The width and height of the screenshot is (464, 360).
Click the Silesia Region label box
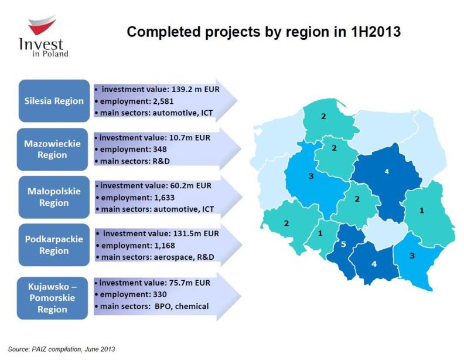[x=54, y=101]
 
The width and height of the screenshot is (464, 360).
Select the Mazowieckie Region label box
[x=52, y=149]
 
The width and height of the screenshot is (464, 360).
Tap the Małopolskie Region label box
[x=54, y=197]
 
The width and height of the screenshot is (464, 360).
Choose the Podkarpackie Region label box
[x=54, y=245]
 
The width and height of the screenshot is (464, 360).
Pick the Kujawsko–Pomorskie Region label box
[x=52, y=298]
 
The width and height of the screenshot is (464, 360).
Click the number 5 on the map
[x=343, y=244]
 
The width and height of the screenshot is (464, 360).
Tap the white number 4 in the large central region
[x=387, y=171]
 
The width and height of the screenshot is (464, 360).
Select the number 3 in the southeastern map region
[x=412, y=256]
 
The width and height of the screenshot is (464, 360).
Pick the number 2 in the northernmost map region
[x=323, y=116]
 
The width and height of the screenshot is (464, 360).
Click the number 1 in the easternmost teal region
[x=422, y=210]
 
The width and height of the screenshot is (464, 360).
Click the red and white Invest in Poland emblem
[x=42, y=25]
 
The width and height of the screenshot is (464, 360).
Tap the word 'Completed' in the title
[x=163, y=32]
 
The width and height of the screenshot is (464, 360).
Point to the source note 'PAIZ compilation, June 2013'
[x=73, y=349]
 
